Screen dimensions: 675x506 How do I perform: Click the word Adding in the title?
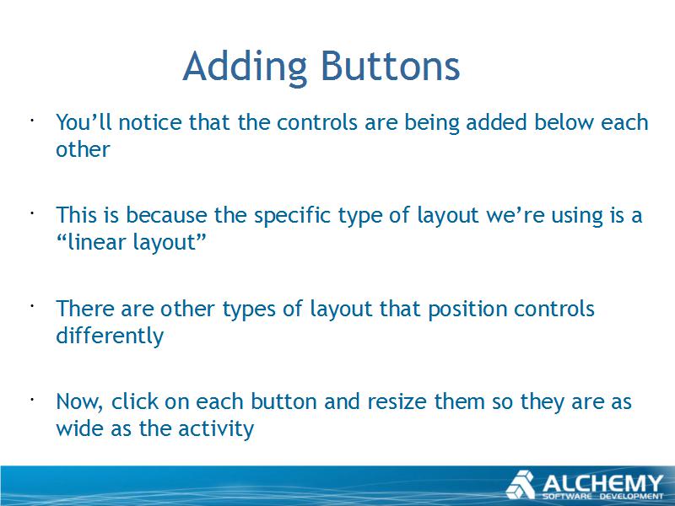point(245,67)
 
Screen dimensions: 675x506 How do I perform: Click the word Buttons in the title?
point(391,67)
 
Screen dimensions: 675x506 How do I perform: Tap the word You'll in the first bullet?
point(84,121)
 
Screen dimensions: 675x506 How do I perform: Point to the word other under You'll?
point(83,149)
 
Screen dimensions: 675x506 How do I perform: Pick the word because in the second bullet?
point(166,215)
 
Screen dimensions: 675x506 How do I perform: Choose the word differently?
point(110,336)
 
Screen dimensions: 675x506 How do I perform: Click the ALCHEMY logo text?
point(602,483)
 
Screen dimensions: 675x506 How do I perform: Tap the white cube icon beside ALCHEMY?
point(521,485)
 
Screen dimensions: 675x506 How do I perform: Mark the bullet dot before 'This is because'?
point(32,213)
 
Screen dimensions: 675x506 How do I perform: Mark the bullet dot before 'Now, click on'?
point(32,399)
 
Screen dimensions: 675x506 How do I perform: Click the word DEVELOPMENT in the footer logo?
point(632,497)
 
